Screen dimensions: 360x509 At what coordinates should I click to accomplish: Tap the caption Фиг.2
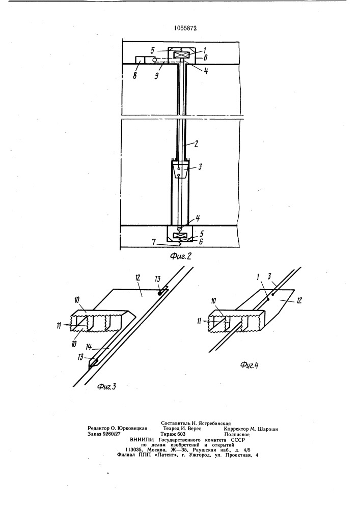(180, 256)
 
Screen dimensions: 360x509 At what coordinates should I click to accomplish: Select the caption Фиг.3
(107, 387)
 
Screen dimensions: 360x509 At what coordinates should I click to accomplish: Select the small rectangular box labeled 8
(144, 61)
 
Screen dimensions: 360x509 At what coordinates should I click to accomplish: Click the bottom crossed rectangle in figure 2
(180, 236)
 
